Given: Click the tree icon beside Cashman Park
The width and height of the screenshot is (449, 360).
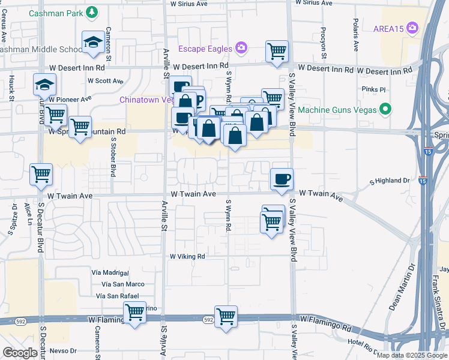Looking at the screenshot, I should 91,12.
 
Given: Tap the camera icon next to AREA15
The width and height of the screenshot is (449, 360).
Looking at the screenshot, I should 412,28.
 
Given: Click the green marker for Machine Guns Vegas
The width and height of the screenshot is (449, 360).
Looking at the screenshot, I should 386,109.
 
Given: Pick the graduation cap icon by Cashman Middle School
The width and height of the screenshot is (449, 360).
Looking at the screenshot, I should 93,41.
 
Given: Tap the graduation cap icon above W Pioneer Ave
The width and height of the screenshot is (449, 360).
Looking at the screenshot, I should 45,84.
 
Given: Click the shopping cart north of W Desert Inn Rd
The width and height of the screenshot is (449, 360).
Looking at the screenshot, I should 277,51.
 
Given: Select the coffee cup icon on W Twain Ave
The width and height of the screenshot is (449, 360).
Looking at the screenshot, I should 282,179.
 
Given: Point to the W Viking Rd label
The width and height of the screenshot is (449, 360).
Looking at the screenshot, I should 187,256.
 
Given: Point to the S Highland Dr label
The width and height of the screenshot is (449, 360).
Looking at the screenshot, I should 389,180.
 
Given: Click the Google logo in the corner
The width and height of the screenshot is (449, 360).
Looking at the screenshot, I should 20,353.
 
